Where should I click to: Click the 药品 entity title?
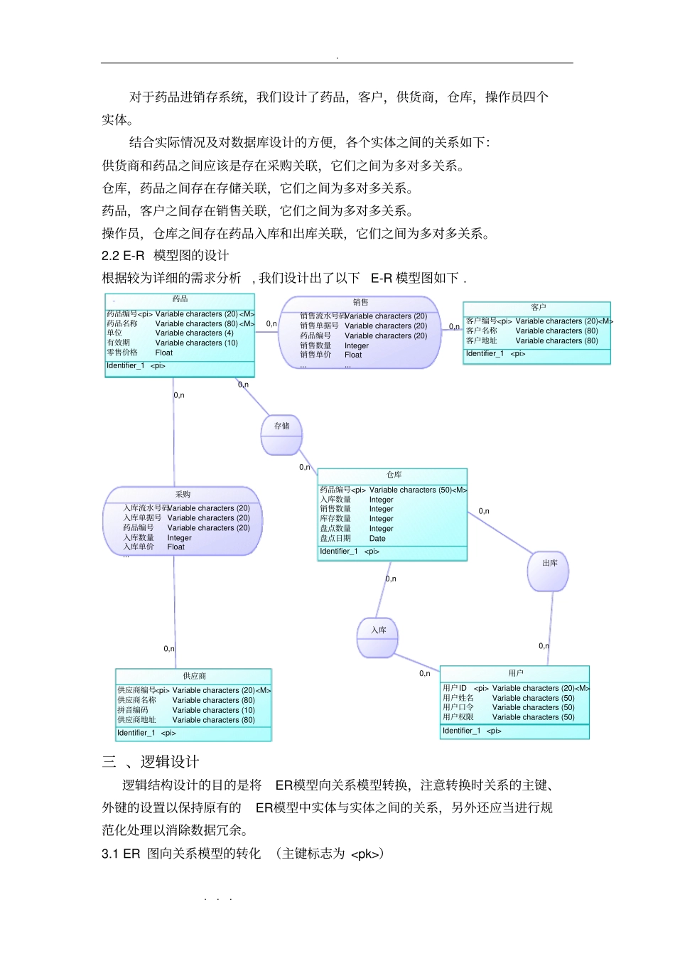pos(180,299)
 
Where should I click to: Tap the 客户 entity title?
pos(538,307)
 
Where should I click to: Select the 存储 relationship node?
pos(281,426)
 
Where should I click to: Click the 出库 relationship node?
pos(549,564)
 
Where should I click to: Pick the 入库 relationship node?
pos(378,630)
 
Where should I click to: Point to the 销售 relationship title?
pos(360,302)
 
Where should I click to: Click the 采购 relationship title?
pos(183,494)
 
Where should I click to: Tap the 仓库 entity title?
pos(394,475)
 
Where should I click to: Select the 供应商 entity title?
pos(194,676)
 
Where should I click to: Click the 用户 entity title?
pos(515,672)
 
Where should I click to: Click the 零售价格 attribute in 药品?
pos(122,353)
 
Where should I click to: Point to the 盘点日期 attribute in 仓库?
pos(335,539)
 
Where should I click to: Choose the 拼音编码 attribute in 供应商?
pos(133,710)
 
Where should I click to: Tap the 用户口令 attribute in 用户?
pos(458,707)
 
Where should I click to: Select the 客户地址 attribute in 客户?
pos(482,341)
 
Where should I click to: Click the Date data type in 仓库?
pos(377,539)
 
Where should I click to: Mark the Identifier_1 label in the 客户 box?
pos(485,354)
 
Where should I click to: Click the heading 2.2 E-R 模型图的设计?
pos(165,256)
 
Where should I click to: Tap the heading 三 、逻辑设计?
pos(151,762)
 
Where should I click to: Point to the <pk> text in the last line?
pos(367,854)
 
